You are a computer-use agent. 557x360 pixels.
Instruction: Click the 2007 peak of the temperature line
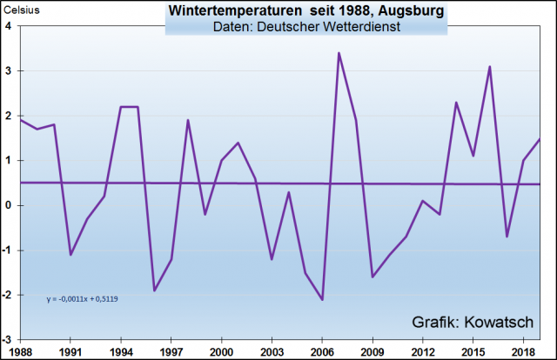tap(339, 53)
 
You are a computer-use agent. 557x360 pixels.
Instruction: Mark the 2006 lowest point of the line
tap(322, 300)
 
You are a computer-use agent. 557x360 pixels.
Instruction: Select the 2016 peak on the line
tap(490, 67)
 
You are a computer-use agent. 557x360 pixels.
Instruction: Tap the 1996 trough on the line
tap(154, 290)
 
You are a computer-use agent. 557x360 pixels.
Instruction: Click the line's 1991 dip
tap(70, 255)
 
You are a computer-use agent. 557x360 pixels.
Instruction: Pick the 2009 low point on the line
tap(372, 277)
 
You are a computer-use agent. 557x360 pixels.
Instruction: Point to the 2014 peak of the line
tap(456, 103)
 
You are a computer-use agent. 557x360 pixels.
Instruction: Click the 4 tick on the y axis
tap(8, 26)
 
